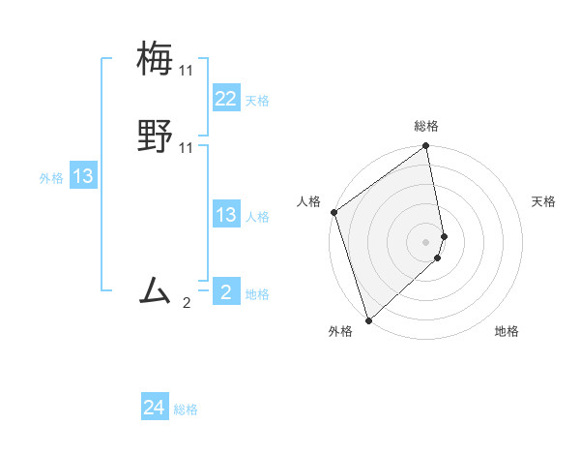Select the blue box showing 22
226,99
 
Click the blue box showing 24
155,409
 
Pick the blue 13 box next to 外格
83,176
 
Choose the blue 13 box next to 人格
226,215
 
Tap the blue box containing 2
226,292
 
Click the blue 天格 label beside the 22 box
257,101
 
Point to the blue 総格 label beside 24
186,410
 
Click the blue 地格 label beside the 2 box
257,294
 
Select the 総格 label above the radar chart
426,126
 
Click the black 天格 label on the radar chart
544,201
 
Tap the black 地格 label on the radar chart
507,332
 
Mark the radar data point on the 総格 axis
426,147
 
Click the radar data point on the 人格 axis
333,212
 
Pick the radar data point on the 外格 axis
368,319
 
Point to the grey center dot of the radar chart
426,241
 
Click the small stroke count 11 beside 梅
186,71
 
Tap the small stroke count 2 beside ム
187,303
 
